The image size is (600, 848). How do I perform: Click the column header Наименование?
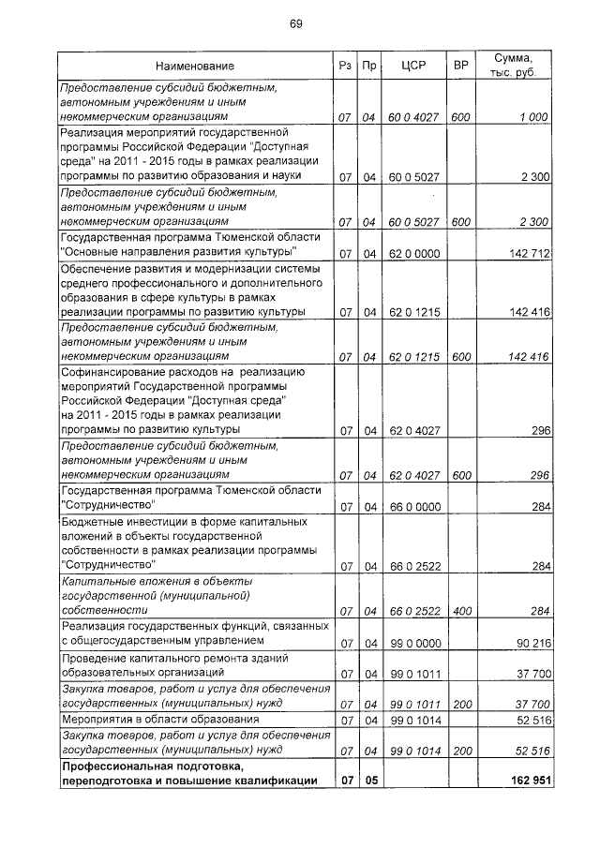pyautogui.click(x=195, y=67)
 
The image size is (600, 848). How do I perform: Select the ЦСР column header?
pyautogui.click(x=413, y=67)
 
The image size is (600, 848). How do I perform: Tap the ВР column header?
pyautogui.click(x=459, y=67)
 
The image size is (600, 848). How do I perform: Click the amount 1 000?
pyautogui.click(x=531, y=117)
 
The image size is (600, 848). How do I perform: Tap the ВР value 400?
pyautogui.click(x=459, y=611)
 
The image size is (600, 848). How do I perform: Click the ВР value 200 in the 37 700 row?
pyautogui.click(x=459, y=703)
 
